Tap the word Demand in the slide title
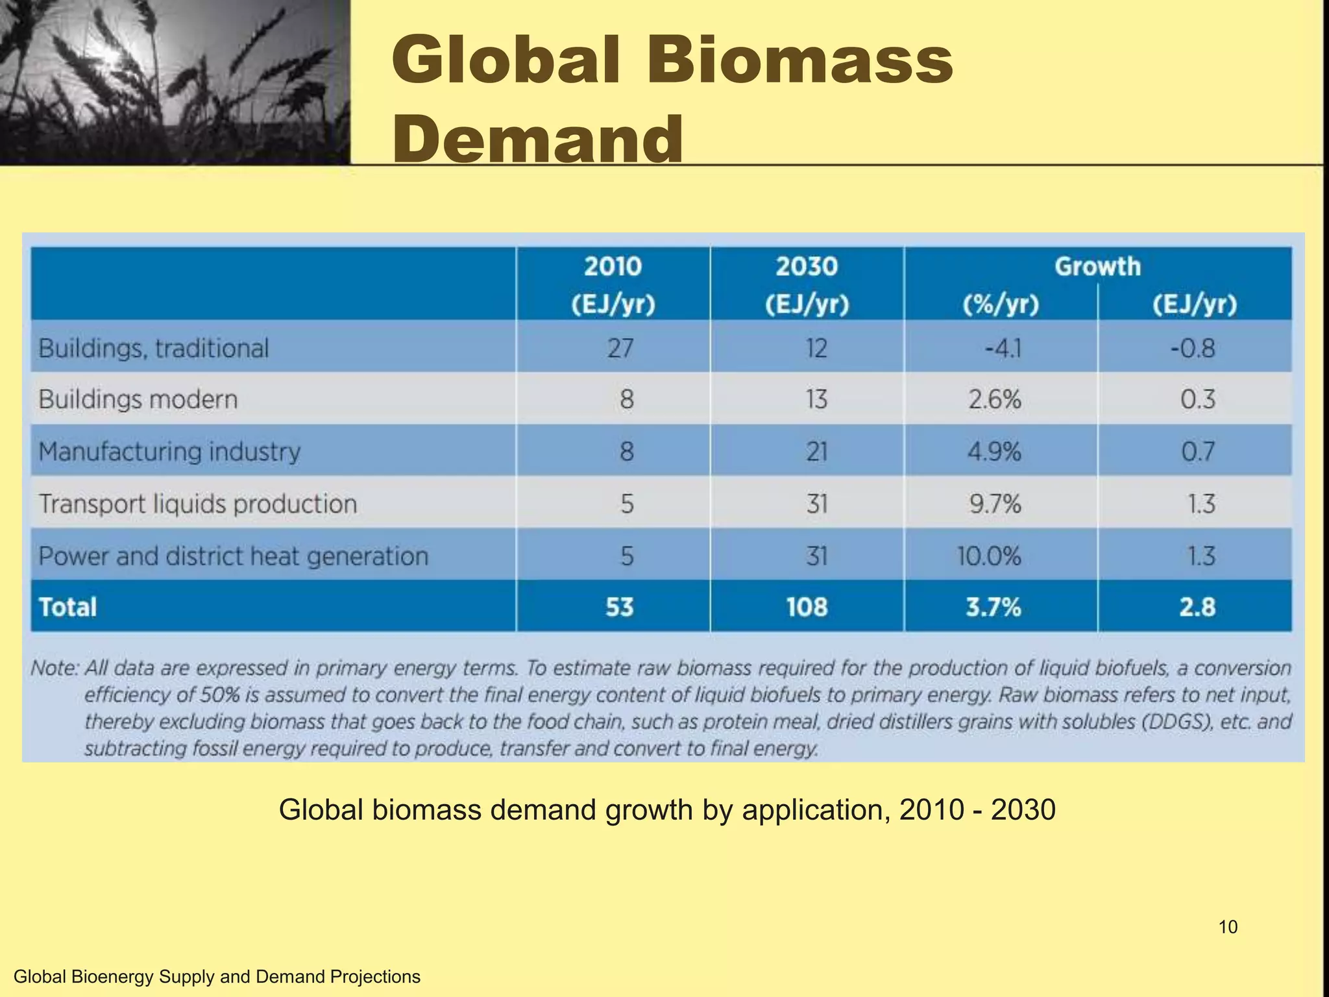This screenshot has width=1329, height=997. point(537,138)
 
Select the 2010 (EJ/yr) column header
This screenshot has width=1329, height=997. point(613,284)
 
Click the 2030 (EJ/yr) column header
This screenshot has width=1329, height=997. point(807,284)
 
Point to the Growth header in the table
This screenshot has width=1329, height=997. point(1097,266)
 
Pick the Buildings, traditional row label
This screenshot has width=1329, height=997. point(153,349)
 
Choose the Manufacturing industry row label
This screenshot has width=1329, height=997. point(169,451)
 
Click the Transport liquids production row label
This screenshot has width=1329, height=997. point(198,504)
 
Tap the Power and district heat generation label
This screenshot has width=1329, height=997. point(234,556)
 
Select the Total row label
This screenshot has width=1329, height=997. point(67,607)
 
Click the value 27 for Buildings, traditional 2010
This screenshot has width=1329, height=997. point(620,349)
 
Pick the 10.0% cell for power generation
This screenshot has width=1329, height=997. point(989,556)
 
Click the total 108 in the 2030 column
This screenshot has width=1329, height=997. point(807,607)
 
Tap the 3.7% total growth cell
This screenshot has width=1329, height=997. point(993,607)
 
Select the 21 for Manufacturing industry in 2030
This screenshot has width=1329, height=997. point(816,451)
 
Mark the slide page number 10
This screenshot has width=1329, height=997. point(1228,927)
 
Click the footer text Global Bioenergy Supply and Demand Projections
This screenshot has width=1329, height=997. point(217,976)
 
